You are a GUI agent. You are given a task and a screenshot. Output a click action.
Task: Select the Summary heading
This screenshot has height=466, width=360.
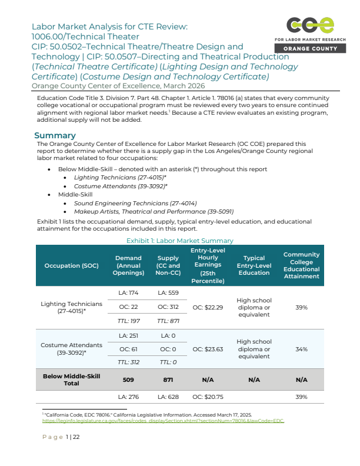coord(55,135)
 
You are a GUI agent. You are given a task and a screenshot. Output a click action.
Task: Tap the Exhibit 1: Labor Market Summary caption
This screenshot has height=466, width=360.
coord(179,241)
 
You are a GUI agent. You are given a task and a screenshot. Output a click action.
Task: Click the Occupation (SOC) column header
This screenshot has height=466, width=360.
coord(71,266)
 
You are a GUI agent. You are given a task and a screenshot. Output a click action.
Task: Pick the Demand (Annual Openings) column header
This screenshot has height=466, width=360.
coord(128,265)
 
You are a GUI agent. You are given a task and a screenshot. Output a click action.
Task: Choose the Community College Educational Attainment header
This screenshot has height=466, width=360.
coord(301,265)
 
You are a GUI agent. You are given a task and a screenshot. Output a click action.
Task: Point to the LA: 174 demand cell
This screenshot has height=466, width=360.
coord(128,293)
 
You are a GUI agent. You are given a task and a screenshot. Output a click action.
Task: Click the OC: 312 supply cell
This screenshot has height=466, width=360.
coord(168,307)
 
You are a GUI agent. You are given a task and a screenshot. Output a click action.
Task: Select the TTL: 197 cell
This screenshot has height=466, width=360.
coord(128,321)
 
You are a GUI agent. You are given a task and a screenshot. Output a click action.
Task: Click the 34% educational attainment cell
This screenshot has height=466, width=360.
coord(301,349)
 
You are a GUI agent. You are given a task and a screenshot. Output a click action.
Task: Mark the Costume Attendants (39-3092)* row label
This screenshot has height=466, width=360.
coord(71,349)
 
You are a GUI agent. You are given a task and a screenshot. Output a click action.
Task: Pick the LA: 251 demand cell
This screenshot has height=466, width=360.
coord(128,335)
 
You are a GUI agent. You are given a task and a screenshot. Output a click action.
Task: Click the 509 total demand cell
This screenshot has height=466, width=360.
coord(128,380)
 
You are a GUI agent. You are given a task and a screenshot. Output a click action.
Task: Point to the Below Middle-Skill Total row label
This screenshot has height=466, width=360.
coord(71,380)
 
